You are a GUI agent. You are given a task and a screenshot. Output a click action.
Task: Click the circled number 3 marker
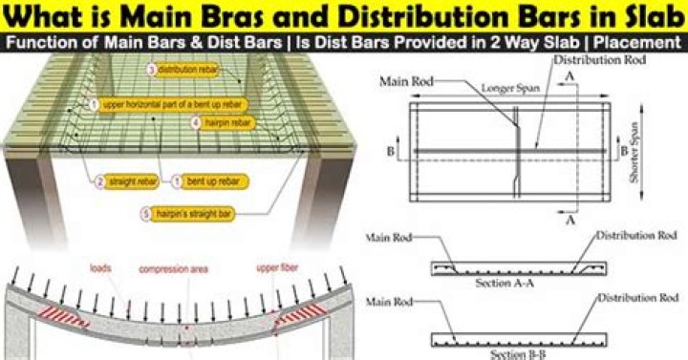pyautogui.click(x=151, y=70)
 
